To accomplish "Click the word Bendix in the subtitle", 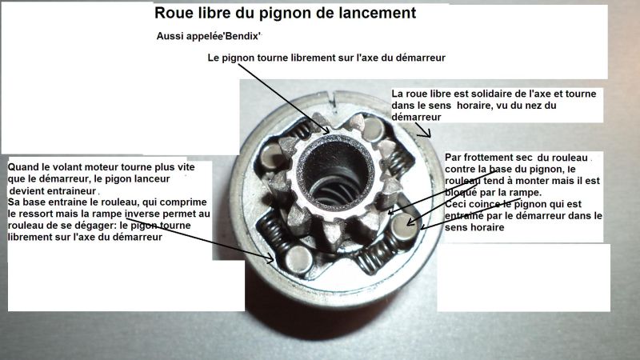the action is point(242,36).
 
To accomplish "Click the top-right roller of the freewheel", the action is point(373,129).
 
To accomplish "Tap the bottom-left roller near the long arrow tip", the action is point(298,259).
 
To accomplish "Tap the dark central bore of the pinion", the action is point(335,174).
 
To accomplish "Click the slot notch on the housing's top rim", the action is point(334,102).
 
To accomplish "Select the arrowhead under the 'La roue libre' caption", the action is point(426,133).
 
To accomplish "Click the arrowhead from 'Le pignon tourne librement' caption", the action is point(325,130).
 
